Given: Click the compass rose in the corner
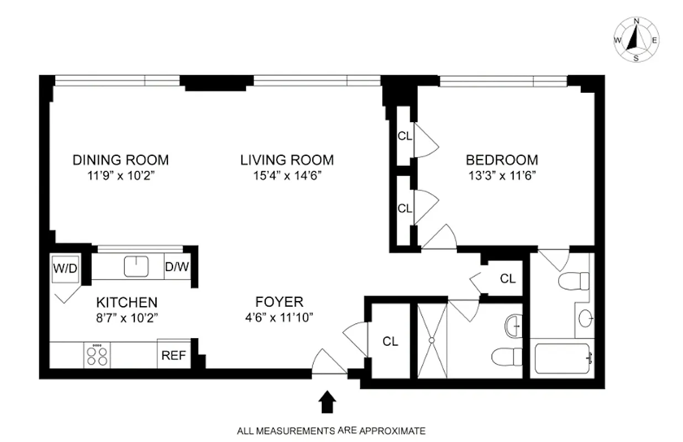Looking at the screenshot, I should click(636, 40).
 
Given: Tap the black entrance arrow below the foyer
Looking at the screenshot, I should click(328, 402).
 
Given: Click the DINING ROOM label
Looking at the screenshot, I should click(120, 160).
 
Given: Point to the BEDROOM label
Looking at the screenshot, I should click(502, 160).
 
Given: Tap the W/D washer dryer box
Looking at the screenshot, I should click(65, 269).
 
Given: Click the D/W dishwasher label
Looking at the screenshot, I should click(177, 267).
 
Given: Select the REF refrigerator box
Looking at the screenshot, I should click(174, 355).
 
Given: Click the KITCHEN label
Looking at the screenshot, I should click(127, 303).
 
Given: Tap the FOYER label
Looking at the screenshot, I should click(279, 302).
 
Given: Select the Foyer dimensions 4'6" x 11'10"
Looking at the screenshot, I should click(279, 318).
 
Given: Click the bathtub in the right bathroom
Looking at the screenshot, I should click(563, 359).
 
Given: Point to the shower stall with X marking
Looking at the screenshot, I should click(431, 341).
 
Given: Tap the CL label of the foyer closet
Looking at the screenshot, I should click(390, 341).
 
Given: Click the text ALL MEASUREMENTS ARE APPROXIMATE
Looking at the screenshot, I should click(332, 430).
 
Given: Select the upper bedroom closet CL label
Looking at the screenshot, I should click(405, 136).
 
